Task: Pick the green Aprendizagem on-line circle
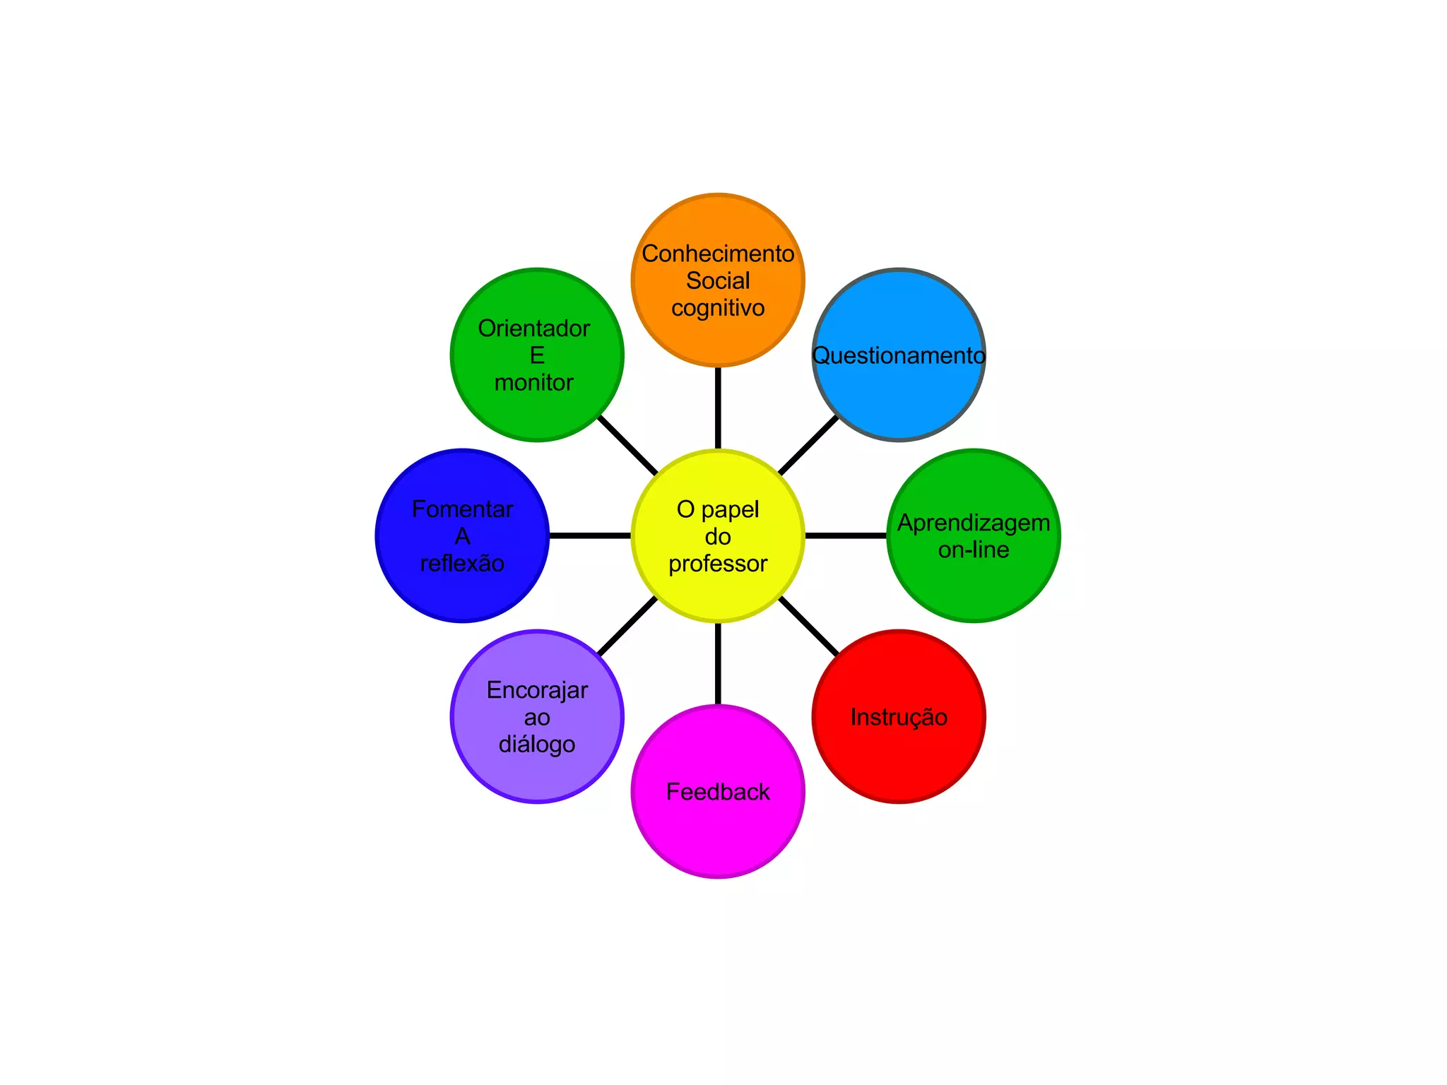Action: click(974, 586)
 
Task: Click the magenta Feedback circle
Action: click(718, 834)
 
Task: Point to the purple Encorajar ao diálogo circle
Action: click(537, 777)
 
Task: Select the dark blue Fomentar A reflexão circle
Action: click(462, 593)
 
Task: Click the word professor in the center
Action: click(718, 564)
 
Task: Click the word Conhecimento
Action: click(718, 254)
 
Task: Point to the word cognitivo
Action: click(718, 308)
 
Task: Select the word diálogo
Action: click(537, 745)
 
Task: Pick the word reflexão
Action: click(462, 564)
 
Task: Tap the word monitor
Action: click(534, 383)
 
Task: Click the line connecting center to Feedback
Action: click(718, 664)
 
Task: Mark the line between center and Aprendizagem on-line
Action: click(846, 535)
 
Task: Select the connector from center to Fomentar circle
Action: click(590, 535)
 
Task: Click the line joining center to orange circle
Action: click(718, 408)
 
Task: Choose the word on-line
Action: click(974, 550)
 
